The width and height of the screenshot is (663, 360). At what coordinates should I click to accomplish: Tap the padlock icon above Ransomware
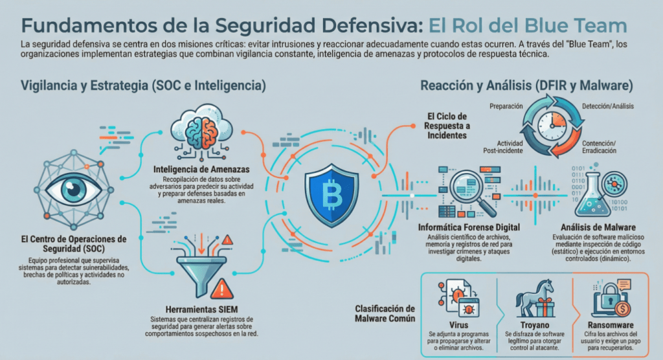(x=606, y=297)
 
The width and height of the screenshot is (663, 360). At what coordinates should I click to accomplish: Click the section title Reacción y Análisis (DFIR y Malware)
(x=526, y=85)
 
